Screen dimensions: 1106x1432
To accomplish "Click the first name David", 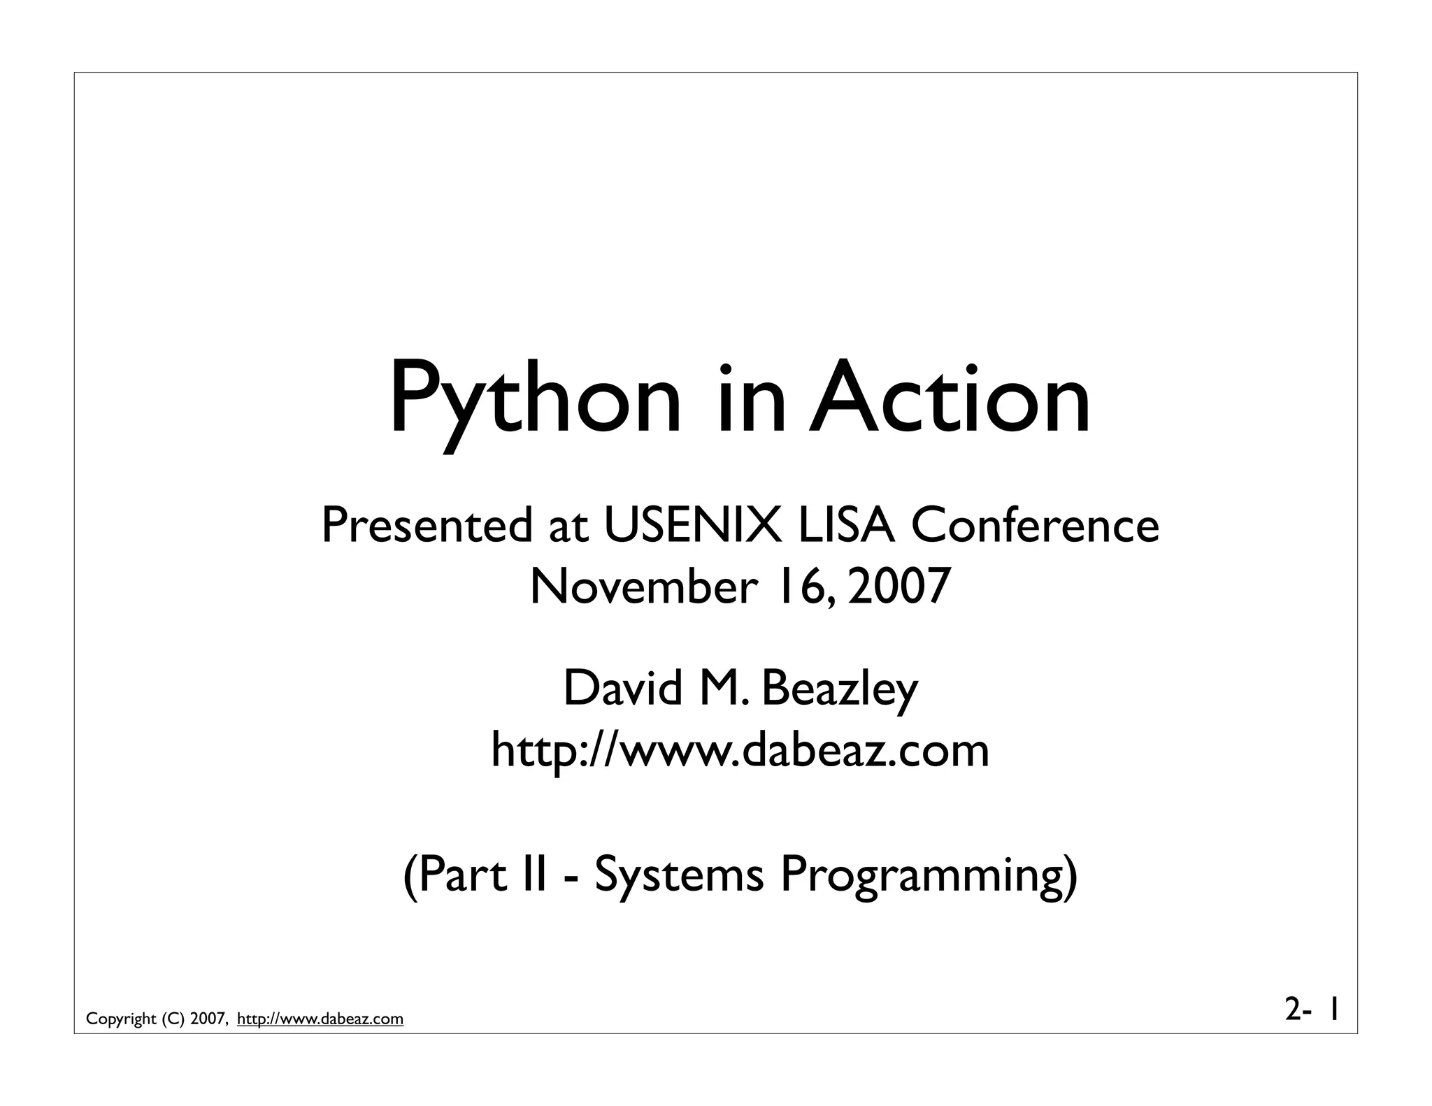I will click(622, 689).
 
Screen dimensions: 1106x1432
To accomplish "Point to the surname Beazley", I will click(839, 689).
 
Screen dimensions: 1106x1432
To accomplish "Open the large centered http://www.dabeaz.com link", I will click(740, 750).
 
